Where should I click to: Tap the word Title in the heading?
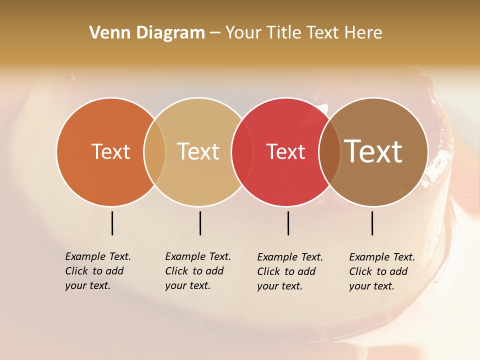(283, 33)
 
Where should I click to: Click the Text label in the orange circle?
(110, 151)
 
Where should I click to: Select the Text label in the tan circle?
(198, 151)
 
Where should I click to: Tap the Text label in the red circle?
(285, 151)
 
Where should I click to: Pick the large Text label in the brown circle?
(373, 151)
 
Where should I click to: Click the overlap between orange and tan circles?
(154, 152)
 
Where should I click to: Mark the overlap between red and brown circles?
(329, 152)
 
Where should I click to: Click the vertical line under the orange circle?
(112, 223)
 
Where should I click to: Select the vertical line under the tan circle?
(200, 223)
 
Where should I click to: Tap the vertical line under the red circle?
(288, 223)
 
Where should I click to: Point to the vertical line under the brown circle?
(372, 223)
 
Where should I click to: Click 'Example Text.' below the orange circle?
(98, 256)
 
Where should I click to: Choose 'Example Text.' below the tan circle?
(198, 256)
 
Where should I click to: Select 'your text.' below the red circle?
(280, 286)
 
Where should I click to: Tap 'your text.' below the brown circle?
(372, 286)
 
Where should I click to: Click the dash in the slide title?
(215, 33)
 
